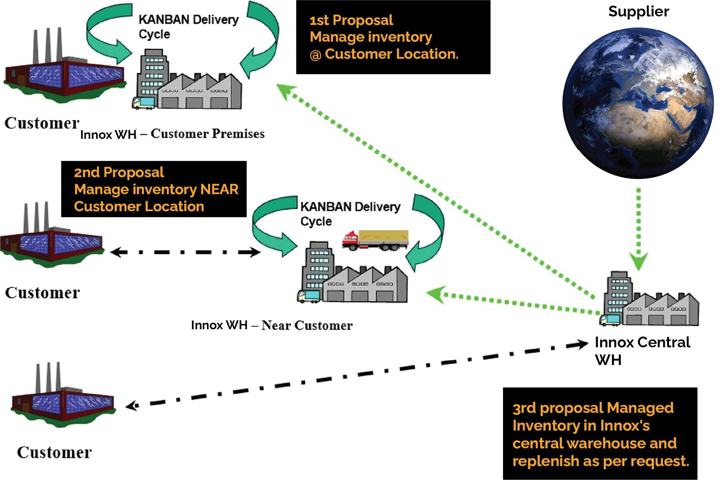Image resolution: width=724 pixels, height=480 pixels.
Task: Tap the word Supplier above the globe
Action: [x=638, y=12]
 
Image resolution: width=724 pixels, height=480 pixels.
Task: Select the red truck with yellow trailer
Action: [x=375, y=240]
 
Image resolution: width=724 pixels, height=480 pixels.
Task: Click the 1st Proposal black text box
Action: [x=393, y=37]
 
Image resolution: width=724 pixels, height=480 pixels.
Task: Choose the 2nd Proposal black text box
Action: [x=153, y=189]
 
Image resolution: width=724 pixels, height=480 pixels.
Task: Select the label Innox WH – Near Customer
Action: [x=271, y=325]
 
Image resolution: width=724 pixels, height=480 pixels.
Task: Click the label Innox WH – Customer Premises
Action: [x=172, y=134]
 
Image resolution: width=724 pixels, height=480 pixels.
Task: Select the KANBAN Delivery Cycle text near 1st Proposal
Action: [x=188, y=27]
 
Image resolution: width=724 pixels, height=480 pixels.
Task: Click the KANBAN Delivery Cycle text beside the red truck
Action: [x=350, y=214]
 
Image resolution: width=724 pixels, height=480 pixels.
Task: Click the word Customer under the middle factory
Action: [x=42, y=293]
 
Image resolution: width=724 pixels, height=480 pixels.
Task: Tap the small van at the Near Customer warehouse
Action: [x=309, y=296]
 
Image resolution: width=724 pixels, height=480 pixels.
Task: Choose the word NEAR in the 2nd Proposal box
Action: [x=219, y=189]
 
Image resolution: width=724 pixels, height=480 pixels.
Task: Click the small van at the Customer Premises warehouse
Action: [x=143, y=103]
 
